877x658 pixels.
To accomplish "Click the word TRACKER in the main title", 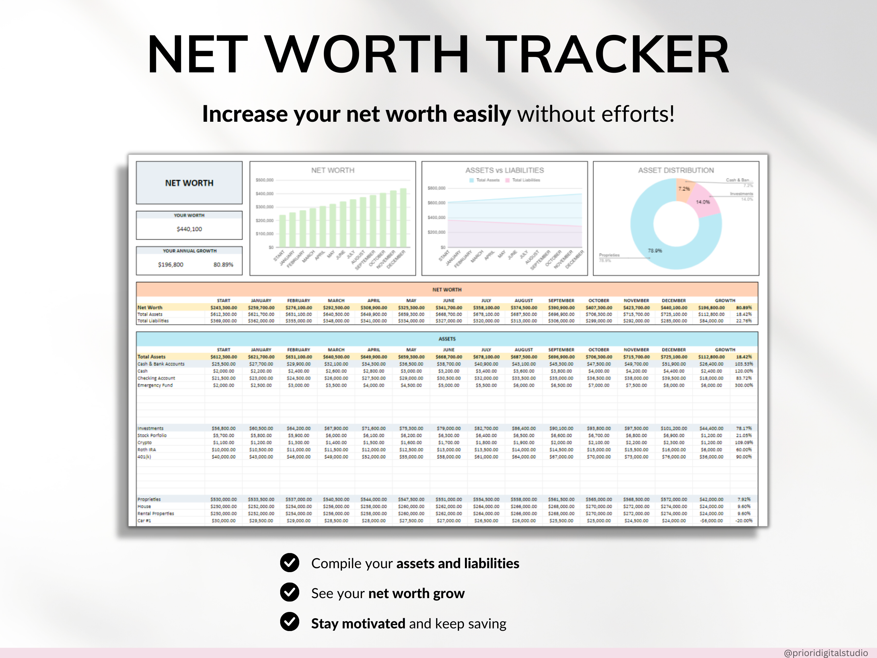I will coord(607,55).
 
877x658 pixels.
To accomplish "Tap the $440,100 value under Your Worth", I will coord(189,229).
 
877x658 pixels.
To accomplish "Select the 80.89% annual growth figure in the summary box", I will coord(223,265).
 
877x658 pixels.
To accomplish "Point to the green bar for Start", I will coord(282,231).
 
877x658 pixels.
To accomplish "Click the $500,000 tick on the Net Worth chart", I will coord(264,180).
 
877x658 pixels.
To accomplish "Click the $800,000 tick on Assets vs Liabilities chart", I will coord(436,188).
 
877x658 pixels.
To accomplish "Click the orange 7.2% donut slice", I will coord(684,189).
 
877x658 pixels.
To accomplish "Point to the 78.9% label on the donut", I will coord(655,251).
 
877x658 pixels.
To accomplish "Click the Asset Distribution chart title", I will coord(676,170).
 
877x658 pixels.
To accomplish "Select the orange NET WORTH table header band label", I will coord(447,290).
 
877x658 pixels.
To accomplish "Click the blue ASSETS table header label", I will coord(447,339).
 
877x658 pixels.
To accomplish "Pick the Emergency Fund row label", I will coord(155,385).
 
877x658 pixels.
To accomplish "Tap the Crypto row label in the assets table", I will coord(145,442).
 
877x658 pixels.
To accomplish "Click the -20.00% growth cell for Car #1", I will coord(743,521).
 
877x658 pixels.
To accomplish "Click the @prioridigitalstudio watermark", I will coord(825,653).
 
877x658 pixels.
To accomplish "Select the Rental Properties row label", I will coord(156,513).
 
